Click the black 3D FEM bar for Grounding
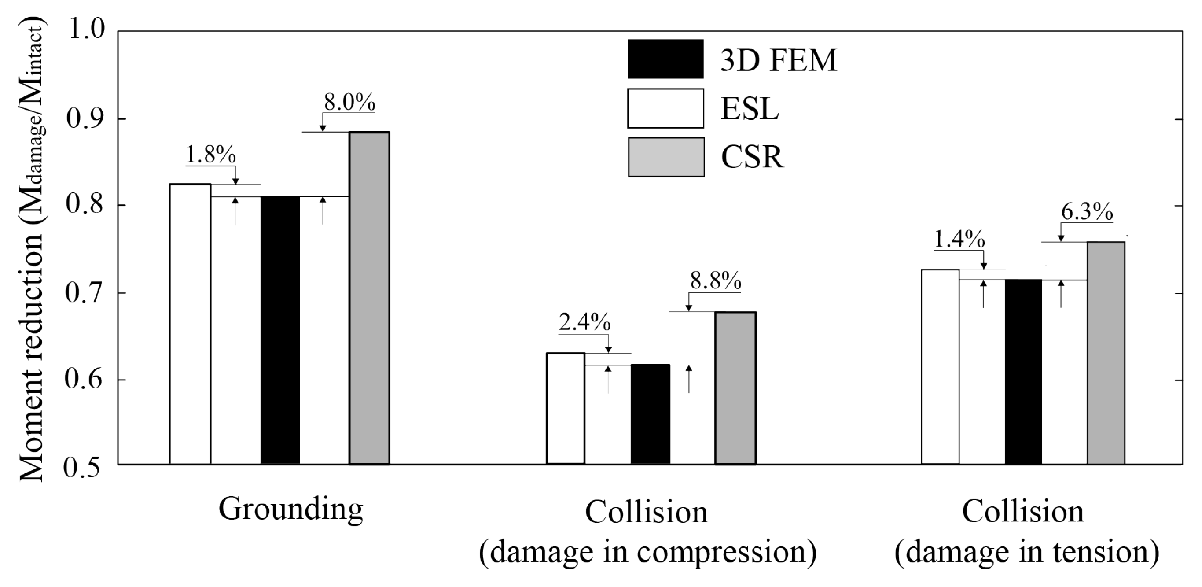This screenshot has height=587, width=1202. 280,330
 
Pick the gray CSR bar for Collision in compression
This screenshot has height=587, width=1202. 735,388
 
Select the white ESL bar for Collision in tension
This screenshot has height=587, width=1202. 940,366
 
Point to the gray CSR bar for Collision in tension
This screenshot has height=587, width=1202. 1106,353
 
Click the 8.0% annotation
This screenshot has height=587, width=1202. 349,102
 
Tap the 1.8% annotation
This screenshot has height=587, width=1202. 211,155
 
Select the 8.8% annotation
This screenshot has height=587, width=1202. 716,281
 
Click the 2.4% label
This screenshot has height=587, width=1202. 584,323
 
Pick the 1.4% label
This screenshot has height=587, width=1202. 959,240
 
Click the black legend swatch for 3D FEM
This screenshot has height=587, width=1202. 665,59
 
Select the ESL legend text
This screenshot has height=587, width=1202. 750,109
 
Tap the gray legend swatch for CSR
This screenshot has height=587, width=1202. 666,157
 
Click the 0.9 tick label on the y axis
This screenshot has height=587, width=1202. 85,118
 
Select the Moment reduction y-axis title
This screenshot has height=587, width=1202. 32,250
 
